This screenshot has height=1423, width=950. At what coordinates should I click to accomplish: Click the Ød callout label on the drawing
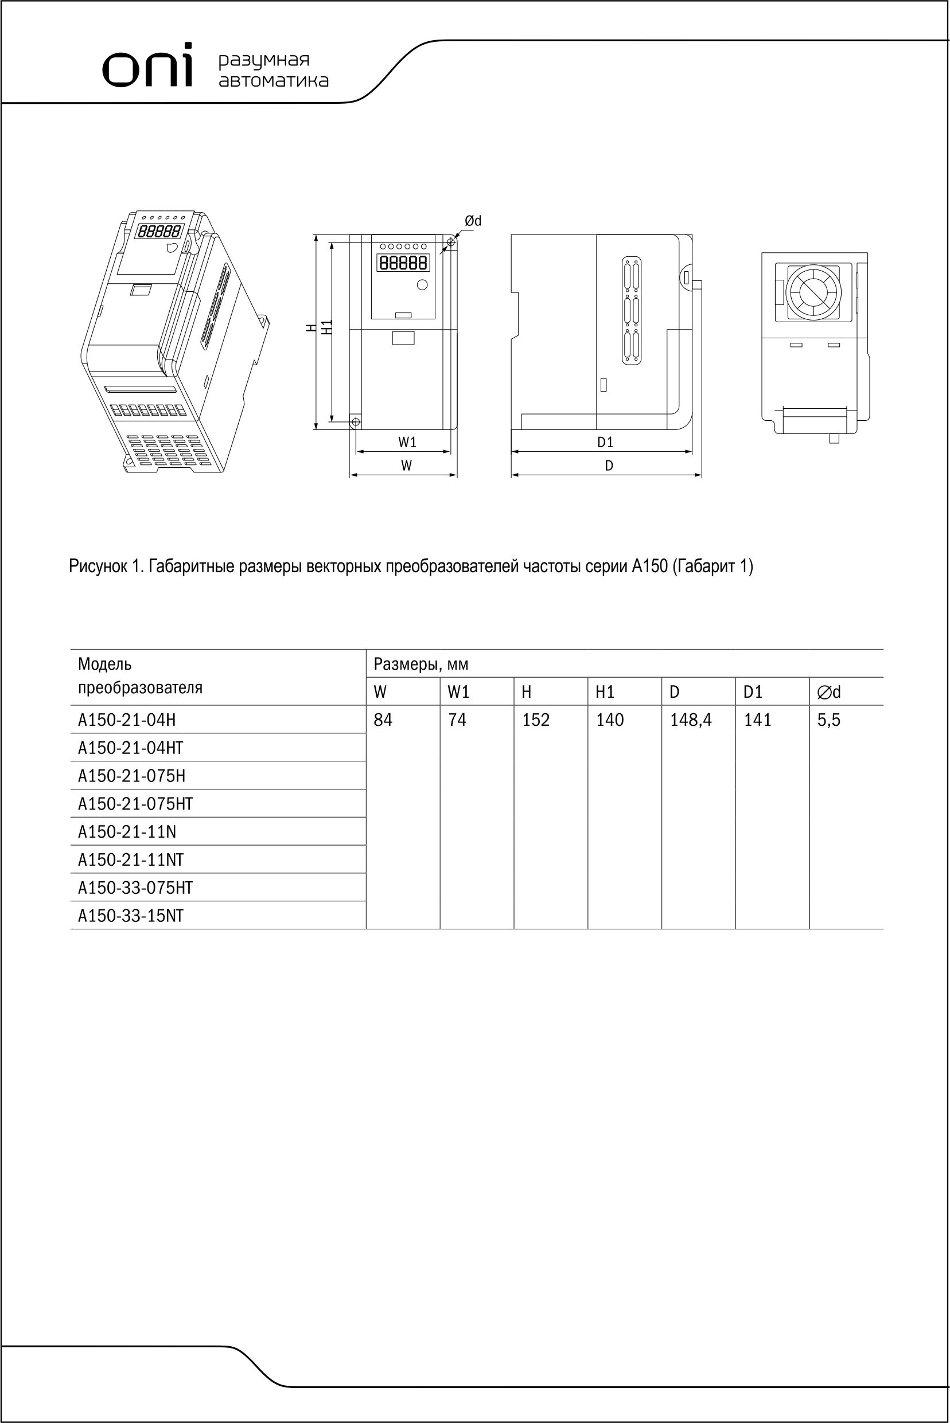(x=473, y=222)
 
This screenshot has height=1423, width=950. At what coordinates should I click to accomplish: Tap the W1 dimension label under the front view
(x=407, y=443)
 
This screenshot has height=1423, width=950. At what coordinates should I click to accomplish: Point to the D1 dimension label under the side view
(x=605, y=443)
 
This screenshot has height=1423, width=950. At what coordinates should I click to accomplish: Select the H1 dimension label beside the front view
(x=327, y=327)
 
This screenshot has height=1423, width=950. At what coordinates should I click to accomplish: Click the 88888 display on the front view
(x=403, y=263)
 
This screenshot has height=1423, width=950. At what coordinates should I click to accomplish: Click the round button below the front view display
(x=422, y=284)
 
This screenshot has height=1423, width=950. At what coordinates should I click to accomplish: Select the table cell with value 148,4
(x=691, y=720)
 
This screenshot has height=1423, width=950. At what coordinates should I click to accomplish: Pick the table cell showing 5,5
(x=828, y=720)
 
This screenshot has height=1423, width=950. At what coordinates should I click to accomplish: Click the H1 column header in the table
(x=605, y=692)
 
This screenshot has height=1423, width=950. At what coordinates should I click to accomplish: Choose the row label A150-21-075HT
(x=135, y=804)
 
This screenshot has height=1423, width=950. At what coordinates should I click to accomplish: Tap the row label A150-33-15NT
(x=130, y=916)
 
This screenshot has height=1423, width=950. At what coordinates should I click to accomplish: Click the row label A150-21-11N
(x=127, y=832)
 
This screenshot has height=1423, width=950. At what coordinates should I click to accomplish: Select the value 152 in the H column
(x=536, y=720)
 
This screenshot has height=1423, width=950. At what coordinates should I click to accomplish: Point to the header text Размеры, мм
(x=421, y=664)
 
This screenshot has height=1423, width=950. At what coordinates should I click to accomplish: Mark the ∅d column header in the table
(x=829, y=692)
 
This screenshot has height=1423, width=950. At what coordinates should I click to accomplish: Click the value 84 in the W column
(x=383, y=720)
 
